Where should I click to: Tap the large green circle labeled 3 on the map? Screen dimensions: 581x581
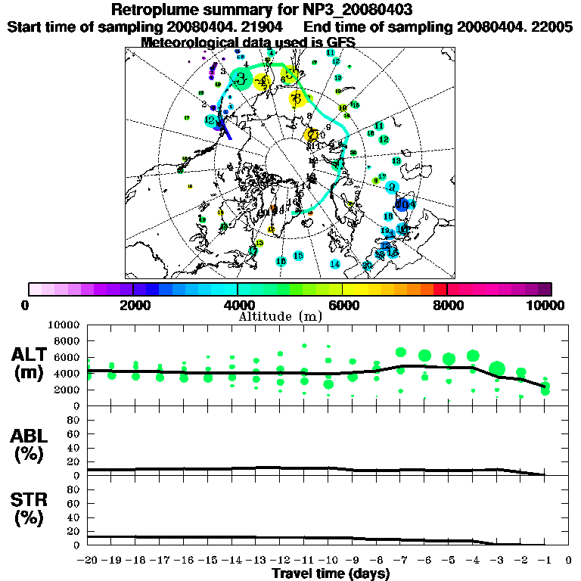pos(241,79)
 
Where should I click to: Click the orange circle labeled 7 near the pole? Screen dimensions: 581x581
pos(311,135)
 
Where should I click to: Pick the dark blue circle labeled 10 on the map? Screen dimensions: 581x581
pos(402,204)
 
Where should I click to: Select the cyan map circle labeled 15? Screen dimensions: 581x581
pos(298,256)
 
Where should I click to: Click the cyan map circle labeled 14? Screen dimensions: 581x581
pos(334,263)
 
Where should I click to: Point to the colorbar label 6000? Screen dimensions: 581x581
pos(343,305)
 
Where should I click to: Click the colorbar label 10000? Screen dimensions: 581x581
pos(547,305)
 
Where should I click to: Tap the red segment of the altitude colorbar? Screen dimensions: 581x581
pos(440,289)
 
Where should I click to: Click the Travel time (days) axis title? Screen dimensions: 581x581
pos(331,573)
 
